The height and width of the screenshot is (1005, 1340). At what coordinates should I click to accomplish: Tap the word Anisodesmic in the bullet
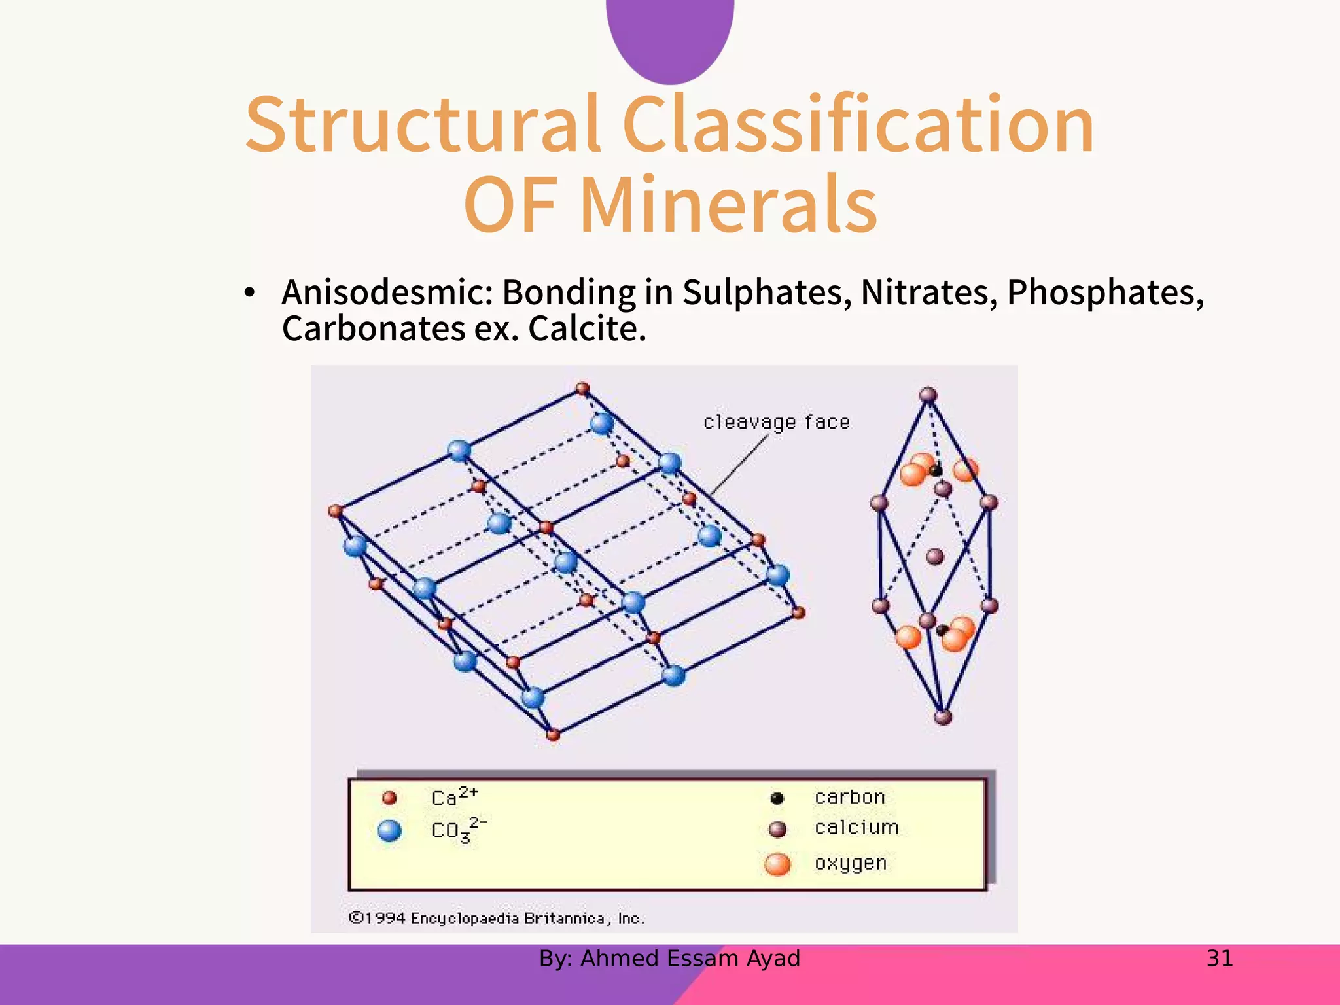click(x=387, y=292)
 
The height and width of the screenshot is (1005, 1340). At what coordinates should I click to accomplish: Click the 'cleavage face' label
click(x=777, y=422)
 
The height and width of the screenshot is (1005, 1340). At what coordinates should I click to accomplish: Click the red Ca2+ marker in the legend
click(x=389, y=798)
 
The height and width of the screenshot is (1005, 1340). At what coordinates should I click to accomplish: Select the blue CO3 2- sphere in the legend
click(x=389, y=831)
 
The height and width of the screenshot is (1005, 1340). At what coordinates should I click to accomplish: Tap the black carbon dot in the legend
click(x=777, y=798)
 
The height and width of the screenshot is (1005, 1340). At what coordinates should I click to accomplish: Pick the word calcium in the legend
click(x=856, y=828)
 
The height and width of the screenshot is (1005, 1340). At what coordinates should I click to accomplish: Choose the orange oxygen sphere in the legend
click(x=777, y=864)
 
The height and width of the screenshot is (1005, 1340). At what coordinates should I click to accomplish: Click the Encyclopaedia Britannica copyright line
click(x=497, y=919)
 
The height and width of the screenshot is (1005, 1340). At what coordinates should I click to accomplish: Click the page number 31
click(x=1220, y=959)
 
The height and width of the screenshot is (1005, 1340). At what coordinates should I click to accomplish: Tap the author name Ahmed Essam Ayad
click(x=690, y=959)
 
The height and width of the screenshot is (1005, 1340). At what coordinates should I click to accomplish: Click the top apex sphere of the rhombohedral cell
click(x=928, y=395)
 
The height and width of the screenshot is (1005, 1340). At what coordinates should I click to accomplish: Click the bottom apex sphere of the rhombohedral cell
click(x=943, y=717)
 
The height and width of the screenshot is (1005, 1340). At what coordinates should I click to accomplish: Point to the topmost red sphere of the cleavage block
click(x=582, y=389)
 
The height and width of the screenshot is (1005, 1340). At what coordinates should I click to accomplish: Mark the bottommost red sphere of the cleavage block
click(x=553, y=735)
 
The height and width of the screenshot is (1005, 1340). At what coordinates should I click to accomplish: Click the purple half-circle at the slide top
click(x=670, y=36)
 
